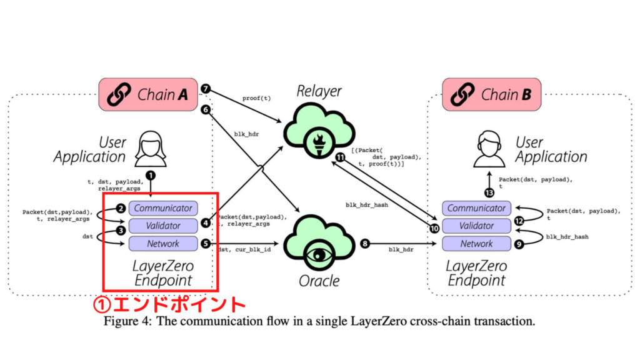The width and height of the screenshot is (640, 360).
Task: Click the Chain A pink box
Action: coord(147,95)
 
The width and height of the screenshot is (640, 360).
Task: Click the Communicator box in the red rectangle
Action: coord(163,208)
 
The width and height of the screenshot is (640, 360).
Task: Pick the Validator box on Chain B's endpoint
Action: coord(476,226)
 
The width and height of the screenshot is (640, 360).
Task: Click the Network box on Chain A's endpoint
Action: coord(163,244)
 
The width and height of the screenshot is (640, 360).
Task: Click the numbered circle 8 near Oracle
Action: coord(364,244)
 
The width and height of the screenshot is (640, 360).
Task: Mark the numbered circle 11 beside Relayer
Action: coord(340,157)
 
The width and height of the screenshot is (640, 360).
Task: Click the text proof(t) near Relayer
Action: coord(257,98)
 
